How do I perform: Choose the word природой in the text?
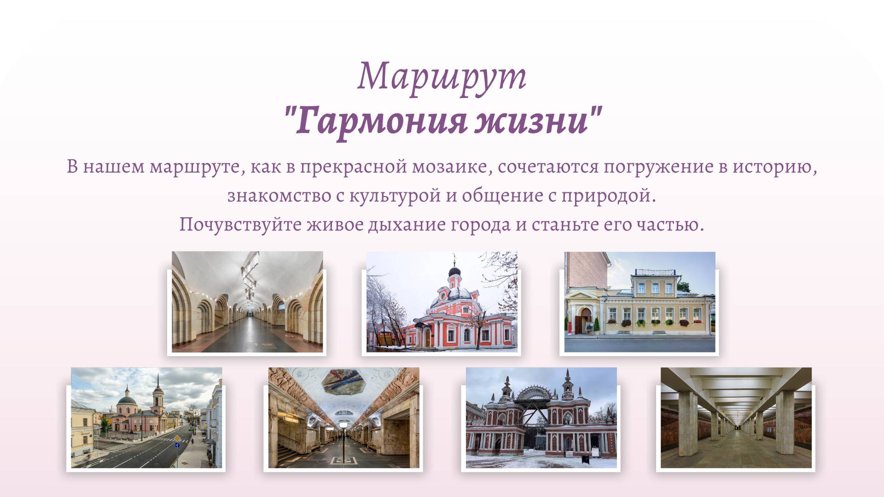tap(608, 196)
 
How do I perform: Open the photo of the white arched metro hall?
tap(247, 302)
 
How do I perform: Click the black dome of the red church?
tap(455, 272)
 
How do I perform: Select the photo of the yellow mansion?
tap(640, 302)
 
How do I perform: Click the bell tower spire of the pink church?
tap(158, 382)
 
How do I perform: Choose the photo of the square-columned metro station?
tap(736, 417)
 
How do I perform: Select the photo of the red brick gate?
tap(541, 417)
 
